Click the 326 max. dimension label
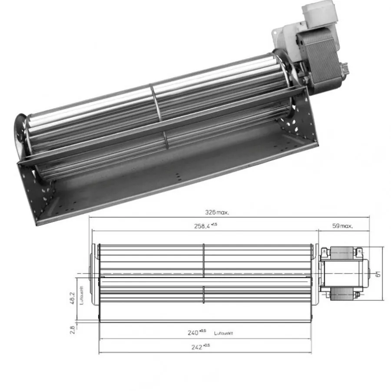coord(217,212)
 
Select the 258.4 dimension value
coord(202,226)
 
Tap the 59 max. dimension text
coord(342,226)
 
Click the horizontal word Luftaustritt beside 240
coord(224,334)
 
